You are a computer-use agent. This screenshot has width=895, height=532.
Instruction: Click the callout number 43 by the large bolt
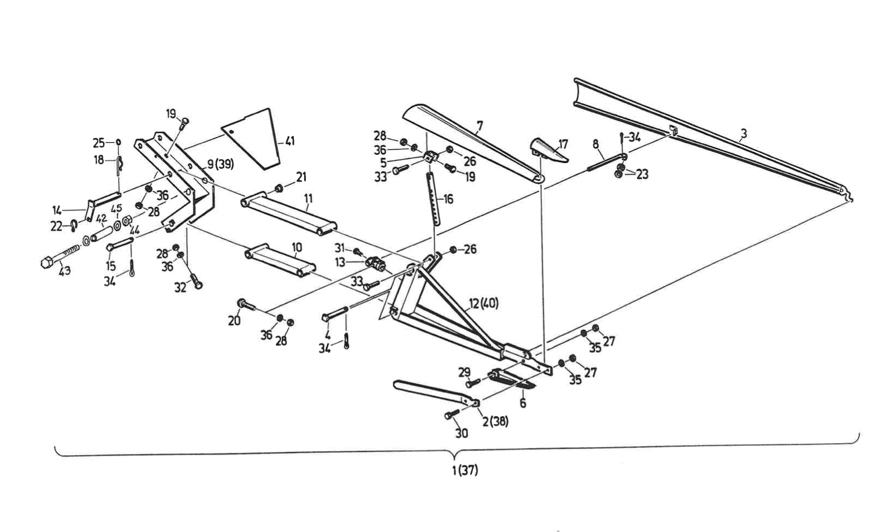pyautogui.click(x=65, y=271)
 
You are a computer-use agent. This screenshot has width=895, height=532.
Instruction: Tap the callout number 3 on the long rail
pyautogui.click(x=744, y=134)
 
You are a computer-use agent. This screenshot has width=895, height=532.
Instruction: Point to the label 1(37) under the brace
pyautogui.click(x=464, y=470)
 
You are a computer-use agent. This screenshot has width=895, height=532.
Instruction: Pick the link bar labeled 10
pyautogui.click(x=280, y=261)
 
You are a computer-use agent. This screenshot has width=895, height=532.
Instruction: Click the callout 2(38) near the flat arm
pyautogui.click(x=495, y=421)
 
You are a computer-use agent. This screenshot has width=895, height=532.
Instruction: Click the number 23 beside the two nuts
pyautogui.click(x=642, y=174)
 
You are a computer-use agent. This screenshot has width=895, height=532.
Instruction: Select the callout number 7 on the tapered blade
pyautogui.click(x=479, y=123)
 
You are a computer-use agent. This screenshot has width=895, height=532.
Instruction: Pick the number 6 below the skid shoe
pyautogui.click(x=522, y=403)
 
